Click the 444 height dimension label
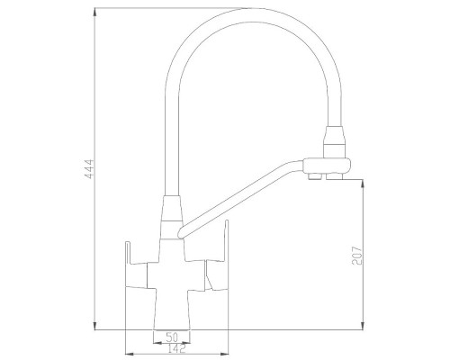(x=89, y=169)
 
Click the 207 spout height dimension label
(x=357, y=256)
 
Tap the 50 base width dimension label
(x=172, y=337)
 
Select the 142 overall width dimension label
(x=176, y=348)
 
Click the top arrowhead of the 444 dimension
(x=94, y=12)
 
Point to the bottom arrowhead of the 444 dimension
(x=94, y=326)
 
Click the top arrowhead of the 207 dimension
(x=364, y=184)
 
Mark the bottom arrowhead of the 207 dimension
(x=364, y=326)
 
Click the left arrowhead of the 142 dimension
(x=129, y=354)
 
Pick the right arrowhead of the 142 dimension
(x=224, y=354)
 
